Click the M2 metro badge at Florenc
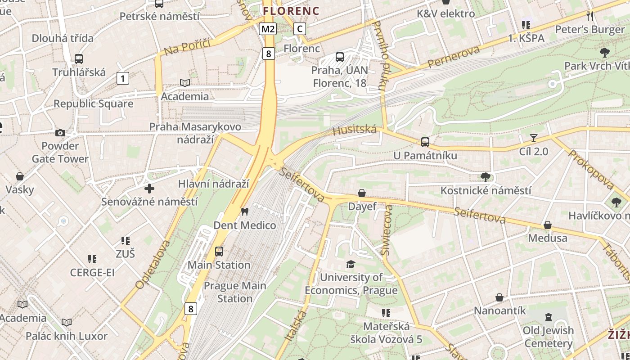pos(268,29)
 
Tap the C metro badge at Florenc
pos(300,29)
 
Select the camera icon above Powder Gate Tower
pos(60,133)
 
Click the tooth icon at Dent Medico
pos(245,211)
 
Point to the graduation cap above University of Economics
pos(351,264)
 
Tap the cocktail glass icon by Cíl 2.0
pos(534,138)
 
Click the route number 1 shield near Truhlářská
pos(122,78)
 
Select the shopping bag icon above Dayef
pos(362,193)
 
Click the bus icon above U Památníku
pos(425,142)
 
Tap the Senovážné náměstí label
pos(149,202)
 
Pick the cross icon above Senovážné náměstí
pos(149,189)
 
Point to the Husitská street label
pos(355,130)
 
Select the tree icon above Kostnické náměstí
pos(485,177)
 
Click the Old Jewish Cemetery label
pos(548,337)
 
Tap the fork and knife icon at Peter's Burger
pos(590,16)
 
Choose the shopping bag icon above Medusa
pos(548,225)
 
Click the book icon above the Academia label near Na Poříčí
pos(184,83)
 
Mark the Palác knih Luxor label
pos(67,336)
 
